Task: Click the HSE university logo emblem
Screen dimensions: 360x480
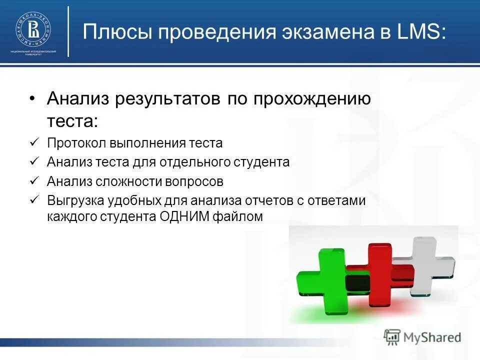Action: pos(33,31)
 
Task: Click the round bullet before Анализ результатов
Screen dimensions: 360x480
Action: pos(32,98)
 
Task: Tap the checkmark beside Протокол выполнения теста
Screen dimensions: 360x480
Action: pos(34,143)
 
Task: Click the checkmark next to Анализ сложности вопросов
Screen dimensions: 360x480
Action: pos(34,180)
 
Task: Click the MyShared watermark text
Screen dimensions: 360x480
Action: pos(432,337)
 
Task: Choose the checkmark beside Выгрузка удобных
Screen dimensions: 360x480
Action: pos(34,199)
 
